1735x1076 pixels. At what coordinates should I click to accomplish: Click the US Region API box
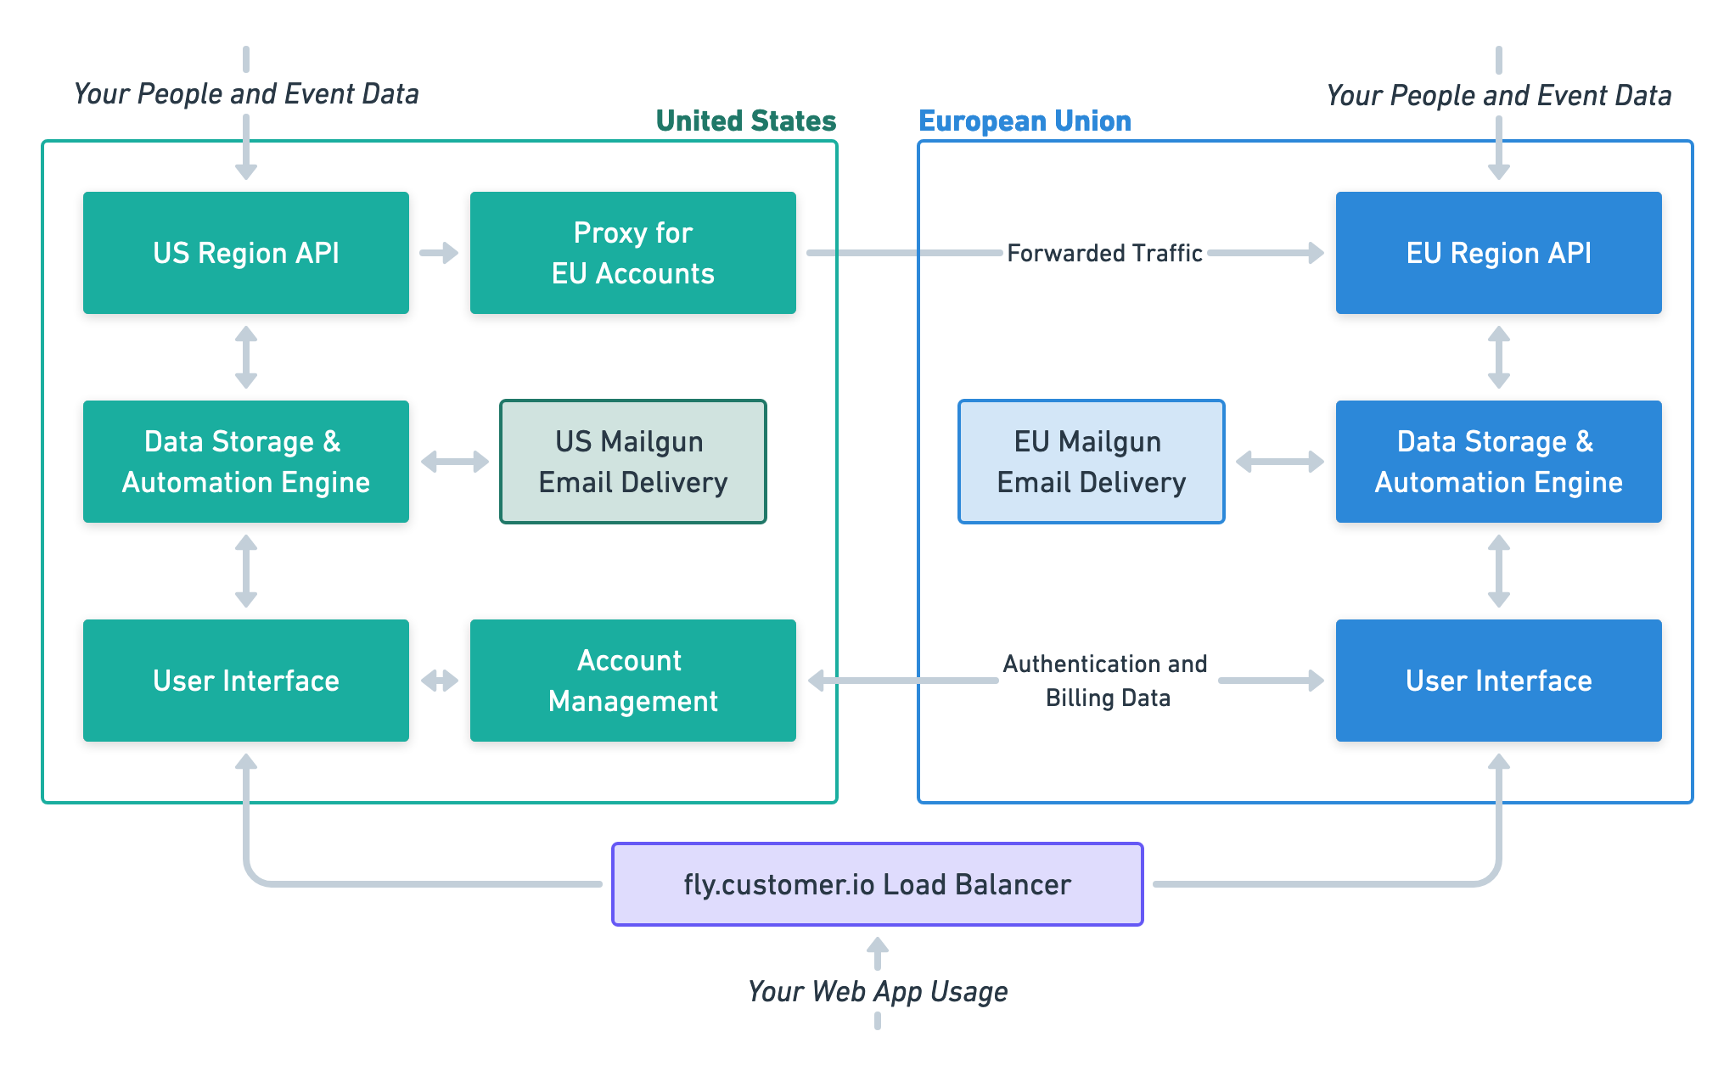click(246, 253)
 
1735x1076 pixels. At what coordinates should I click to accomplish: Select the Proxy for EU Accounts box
click(632, 253)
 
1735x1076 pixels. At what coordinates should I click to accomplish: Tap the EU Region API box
click(1498, 253)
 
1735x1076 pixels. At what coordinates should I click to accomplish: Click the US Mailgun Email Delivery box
click(632, 462)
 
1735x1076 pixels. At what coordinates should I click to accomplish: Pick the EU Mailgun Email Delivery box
click(1091, 462)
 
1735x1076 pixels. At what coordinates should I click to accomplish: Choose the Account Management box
click(632, 681)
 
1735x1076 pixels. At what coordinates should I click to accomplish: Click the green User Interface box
click(246, 681)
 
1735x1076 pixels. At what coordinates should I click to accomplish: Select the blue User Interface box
click(1498, 681)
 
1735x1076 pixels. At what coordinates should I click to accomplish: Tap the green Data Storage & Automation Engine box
click(246, 462)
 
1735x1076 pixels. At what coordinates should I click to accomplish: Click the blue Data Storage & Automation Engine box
click(1498, 462)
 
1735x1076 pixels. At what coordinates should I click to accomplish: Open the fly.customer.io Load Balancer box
click(877, 884)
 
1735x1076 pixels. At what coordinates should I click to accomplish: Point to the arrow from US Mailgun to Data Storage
click(458, 462)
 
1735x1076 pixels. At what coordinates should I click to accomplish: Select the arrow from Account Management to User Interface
click(441, 681)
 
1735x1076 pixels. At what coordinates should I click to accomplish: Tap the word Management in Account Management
click(632, 702)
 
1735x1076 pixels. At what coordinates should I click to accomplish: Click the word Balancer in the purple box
click(1013, 884)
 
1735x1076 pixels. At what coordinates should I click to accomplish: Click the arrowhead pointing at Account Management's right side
click(820, 681)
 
